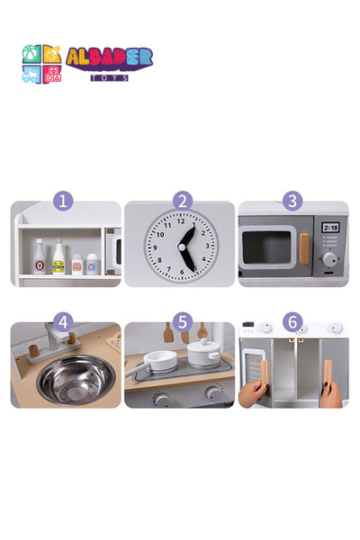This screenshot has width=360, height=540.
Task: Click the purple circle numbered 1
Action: click(x=63, y=201)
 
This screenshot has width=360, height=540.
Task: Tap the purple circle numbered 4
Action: click(x=63, y=322)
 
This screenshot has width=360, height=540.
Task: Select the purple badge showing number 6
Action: click(x=292, y=322)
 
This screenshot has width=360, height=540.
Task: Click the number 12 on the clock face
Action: click(x=181, y=221)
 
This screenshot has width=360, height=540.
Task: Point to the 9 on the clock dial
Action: click(x=155, y=247)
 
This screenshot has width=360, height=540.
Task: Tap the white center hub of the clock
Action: click(x=182, y=247)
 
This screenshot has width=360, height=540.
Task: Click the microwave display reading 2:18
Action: click(x=330, y=228)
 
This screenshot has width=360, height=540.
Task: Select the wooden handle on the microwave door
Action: click(x=304, y=249)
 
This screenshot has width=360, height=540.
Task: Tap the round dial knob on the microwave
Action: click(x=329, y=259)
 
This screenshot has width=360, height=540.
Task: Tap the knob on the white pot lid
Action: click(x=204, y=342)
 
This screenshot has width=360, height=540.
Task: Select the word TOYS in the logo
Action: click(x=110, y=77)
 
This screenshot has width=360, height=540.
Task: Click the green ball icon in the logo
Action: click(x=31, y=54)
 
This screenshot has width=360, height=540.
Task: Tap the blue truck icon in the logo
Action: click(x=31, y=75)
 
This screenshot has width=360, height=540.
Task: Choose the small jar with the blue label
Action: click(x=92, y=264)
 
